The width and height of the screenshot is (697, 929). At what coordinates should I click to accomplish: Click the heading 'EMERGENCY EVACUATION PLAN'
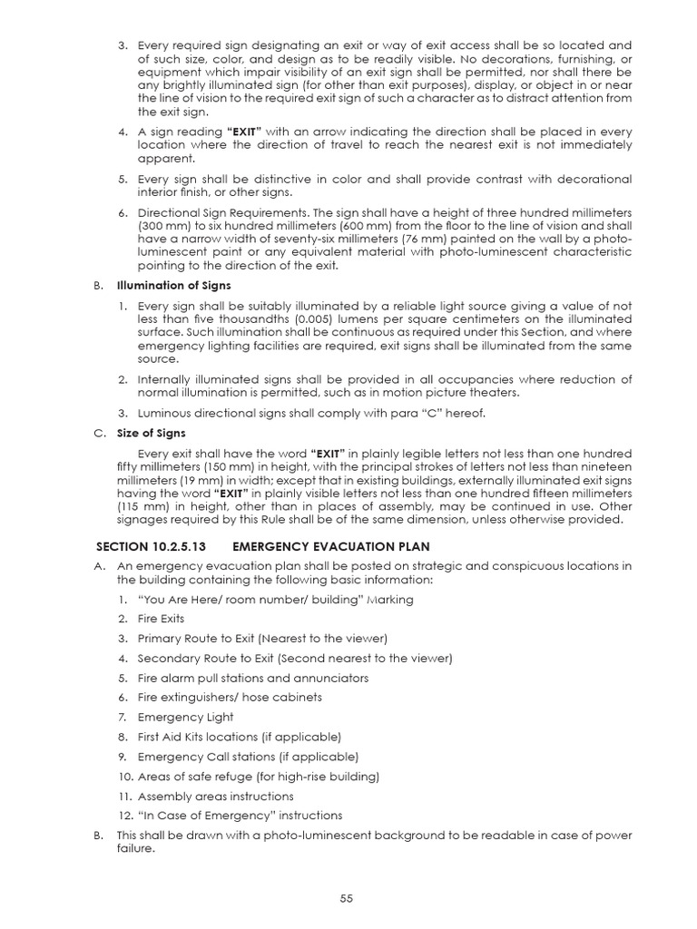pyautogui.click(x=330, y=546)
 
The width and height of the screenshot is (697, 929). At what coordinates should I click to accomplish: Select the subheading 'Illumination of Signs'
pyautogui.click(x=184, y=285)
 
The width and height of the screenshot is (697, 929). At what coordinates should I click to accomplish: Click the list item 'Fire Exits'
pyautogui.click(x=161, y=619)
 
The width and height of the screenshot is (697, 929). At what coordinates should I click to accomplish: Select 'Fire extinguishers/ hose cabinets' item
pyautogui.click(x=230, y=697)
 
